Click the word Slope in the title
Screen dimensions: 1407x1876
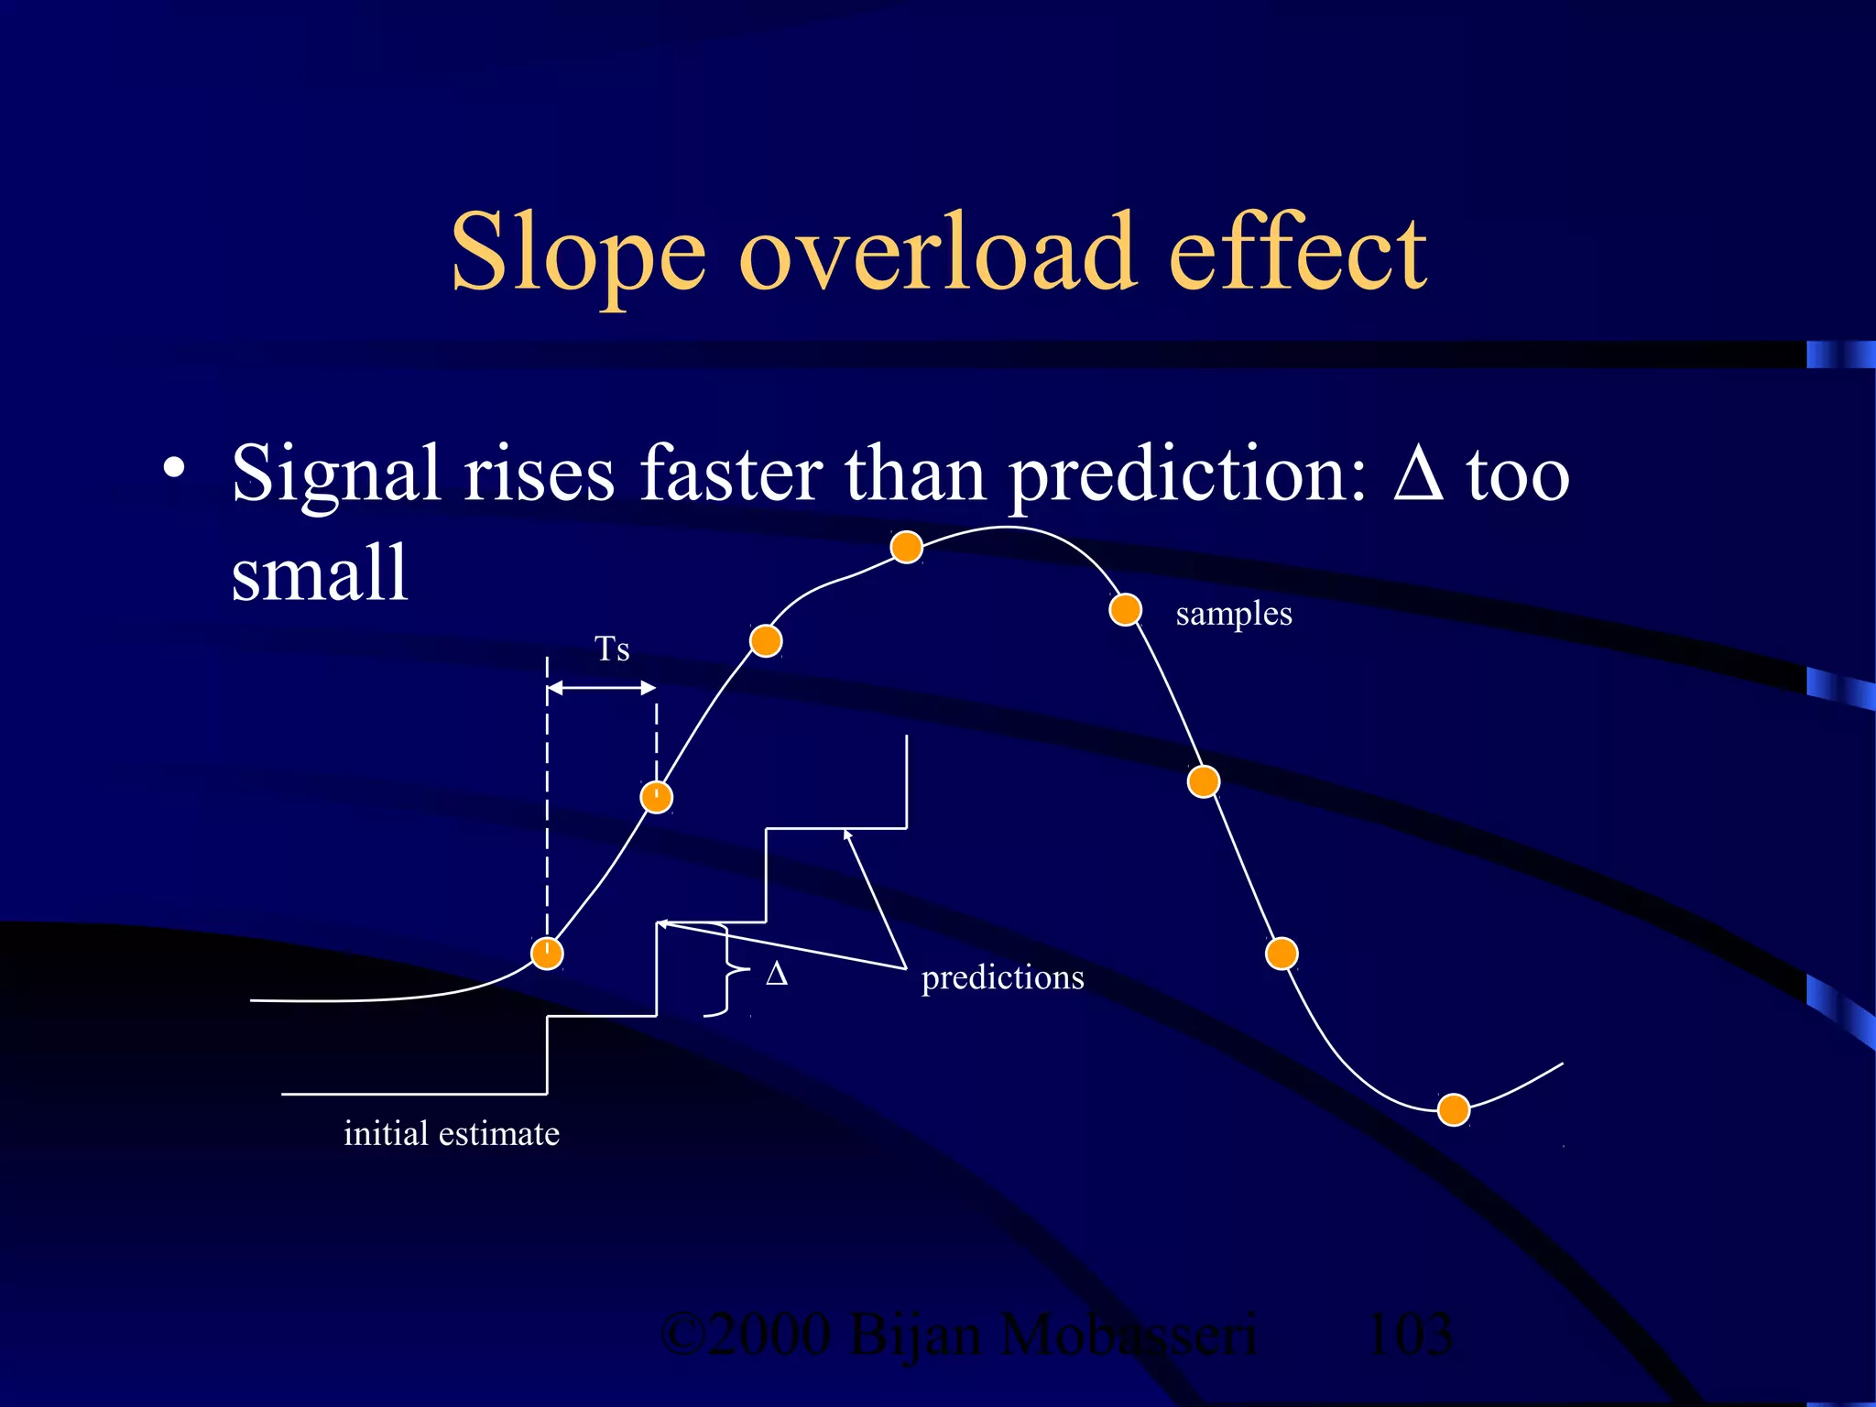(578, 252)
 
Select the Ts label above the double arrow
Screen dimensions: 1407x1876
(612, 649)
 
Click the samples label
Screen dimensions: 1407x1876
(1233, 614)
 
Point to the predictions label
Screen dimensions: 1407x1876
(1002, 977)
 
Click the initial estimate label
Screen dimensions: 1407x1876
(451, 1134)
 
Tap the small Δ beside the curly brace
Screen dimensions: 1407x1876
(777, 974)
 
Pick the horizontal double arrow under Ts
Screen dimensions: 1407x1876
(602, 688)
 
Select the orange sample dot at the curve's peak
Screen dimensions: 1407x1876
(906, 547)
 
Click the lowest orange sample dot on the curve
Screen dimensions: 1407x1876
(1454, 1109)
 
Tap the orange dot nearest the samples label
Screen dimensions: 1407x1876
(1125, 609)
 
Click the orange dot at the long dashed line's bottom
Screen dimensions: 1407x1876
(547, 954)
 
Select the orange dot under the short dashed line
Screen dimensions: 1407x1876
(656, 797)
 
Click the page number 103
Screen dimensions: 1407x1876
(1408, 1335)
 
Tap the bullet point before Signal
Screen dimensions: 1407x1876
(173, 470)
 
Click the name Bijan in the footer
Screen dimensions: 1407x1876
(915, 1335)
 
